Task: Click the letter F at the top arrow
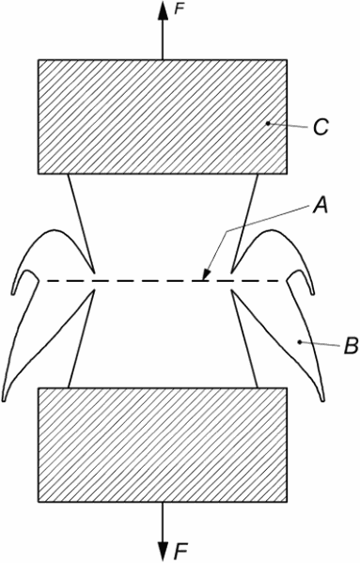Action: [180, 9]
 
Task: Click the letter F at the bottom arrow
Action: [181, 550]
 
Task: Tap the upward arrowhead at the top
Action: [163, 10]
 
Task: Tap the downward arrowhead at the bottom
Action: [163, 552]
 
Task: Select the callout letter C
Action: [321, 127]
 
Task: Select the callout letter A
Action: [321, 206]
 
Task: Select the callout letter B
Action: [351, 346]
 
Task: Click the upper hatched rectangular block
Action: [163, 117]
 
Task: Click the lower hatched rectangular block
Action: [163, 445]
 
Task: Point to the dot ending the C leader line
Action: [268, 123]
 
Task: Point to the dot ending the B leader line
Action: [299, 342]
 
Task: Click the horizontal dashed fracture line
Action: [164, 280]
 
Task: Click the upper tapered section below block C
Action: [163, 223]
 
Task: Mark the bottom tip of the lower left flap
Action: [4, 400]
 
